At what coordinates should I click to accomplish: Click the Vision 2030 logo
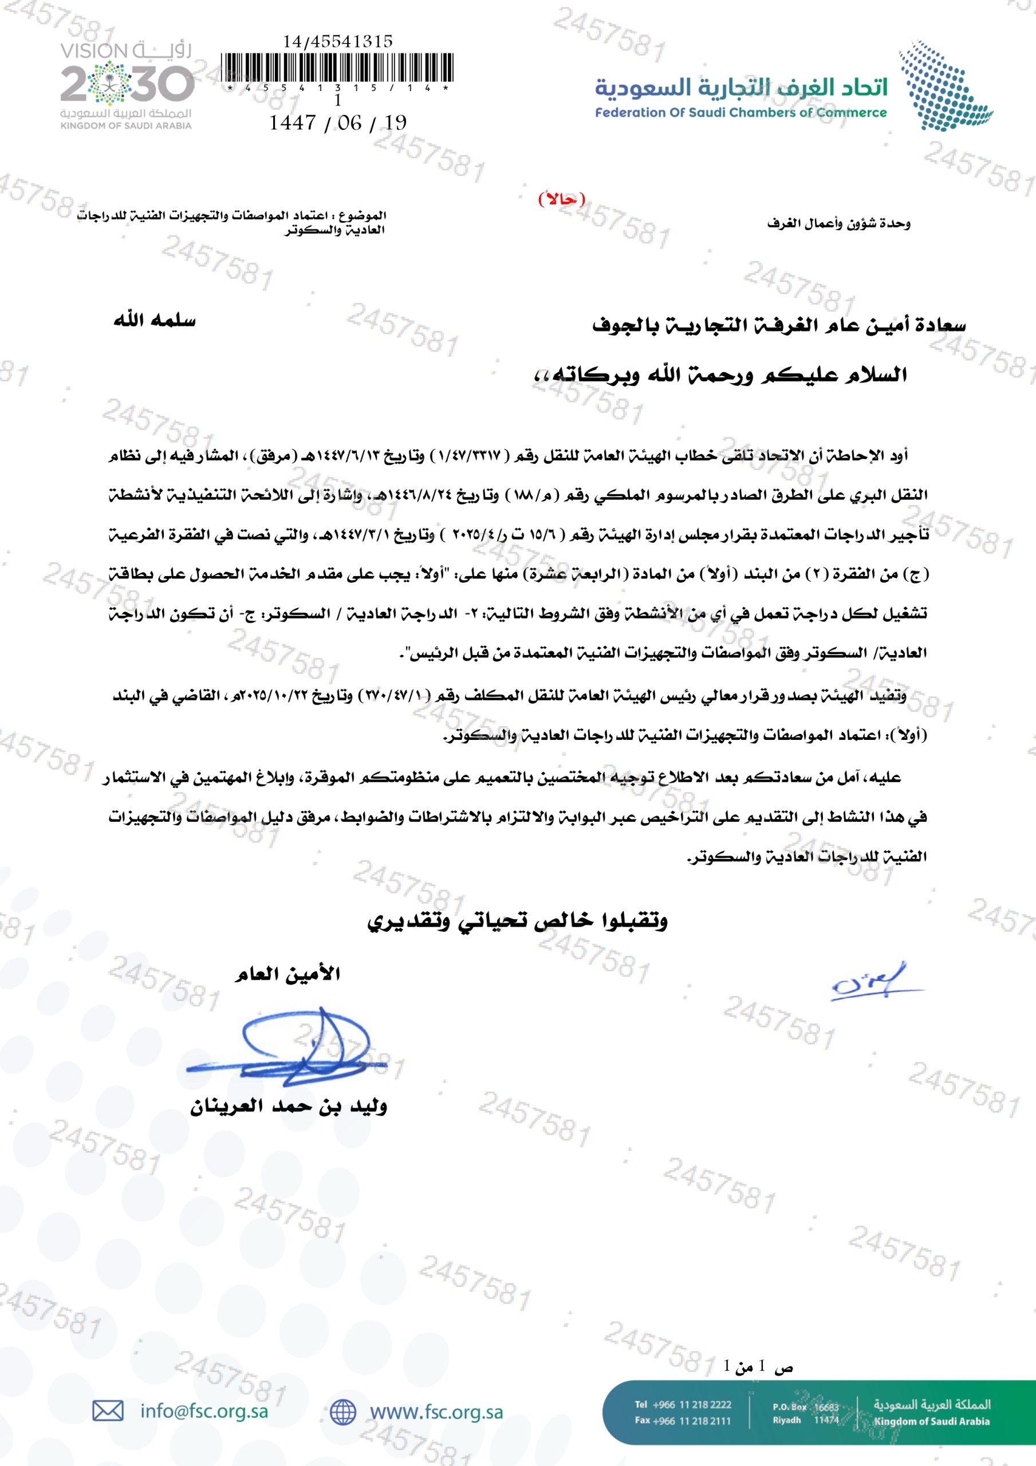[x=127, y=85]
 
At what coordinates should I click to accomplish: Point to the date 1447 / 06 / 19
[x=338, y=123]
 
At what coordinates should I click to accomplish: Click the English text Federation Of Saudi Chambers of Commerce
[x=741, y=113]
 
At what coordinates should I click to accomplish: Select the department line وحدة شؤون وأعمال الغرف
[x=838, y=224]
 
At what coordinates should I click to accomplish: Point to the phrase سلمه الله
[x=155, y=321]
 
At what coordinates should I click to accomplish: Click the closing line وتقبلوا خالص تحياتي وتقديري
[x=517, y=921]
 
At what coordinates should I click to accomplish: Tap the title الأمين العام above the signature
[x=287, y=975]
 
